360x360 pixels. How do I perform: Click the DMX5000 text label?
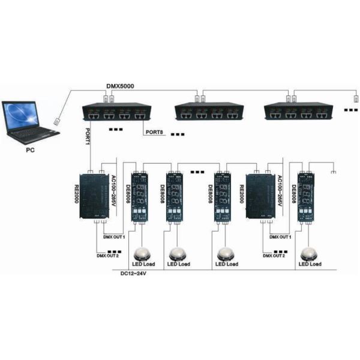pos(120,86)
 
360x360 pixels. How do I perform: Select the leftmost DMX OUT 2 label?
pos(108,256)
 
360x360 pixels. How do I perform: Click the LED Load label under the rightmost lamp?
pos(310,264)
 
